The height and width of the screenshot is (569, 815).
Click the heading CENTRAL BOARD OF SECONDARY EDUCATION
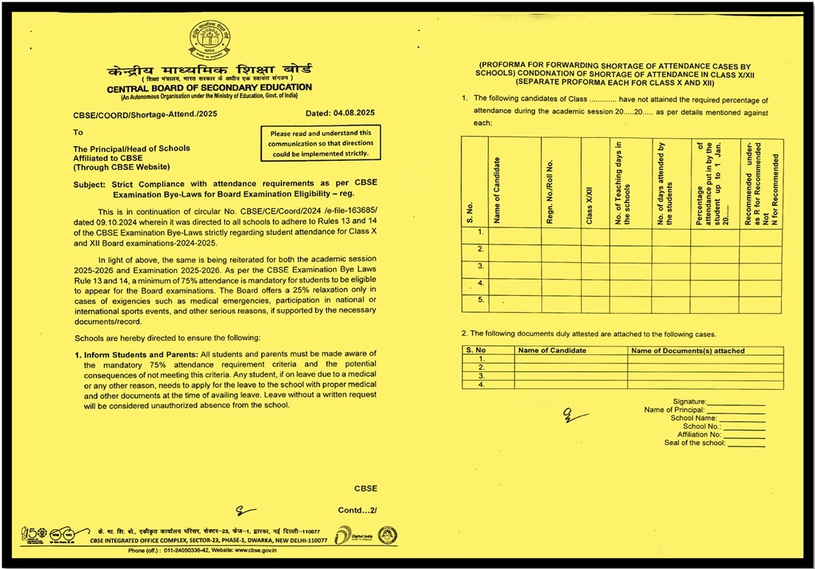click(x=209, y=88)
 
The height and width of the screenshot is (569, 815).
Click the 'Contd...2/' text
click(x=357, y=510)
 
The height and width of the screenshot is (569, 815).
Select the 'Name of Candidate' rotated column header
click(x=497, y=190)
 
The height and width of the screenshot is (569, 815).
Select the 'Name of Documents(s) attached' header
click(x=688, y=351)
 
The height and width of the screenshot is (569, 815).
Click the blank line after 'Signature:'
click(x=736, y=401)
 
